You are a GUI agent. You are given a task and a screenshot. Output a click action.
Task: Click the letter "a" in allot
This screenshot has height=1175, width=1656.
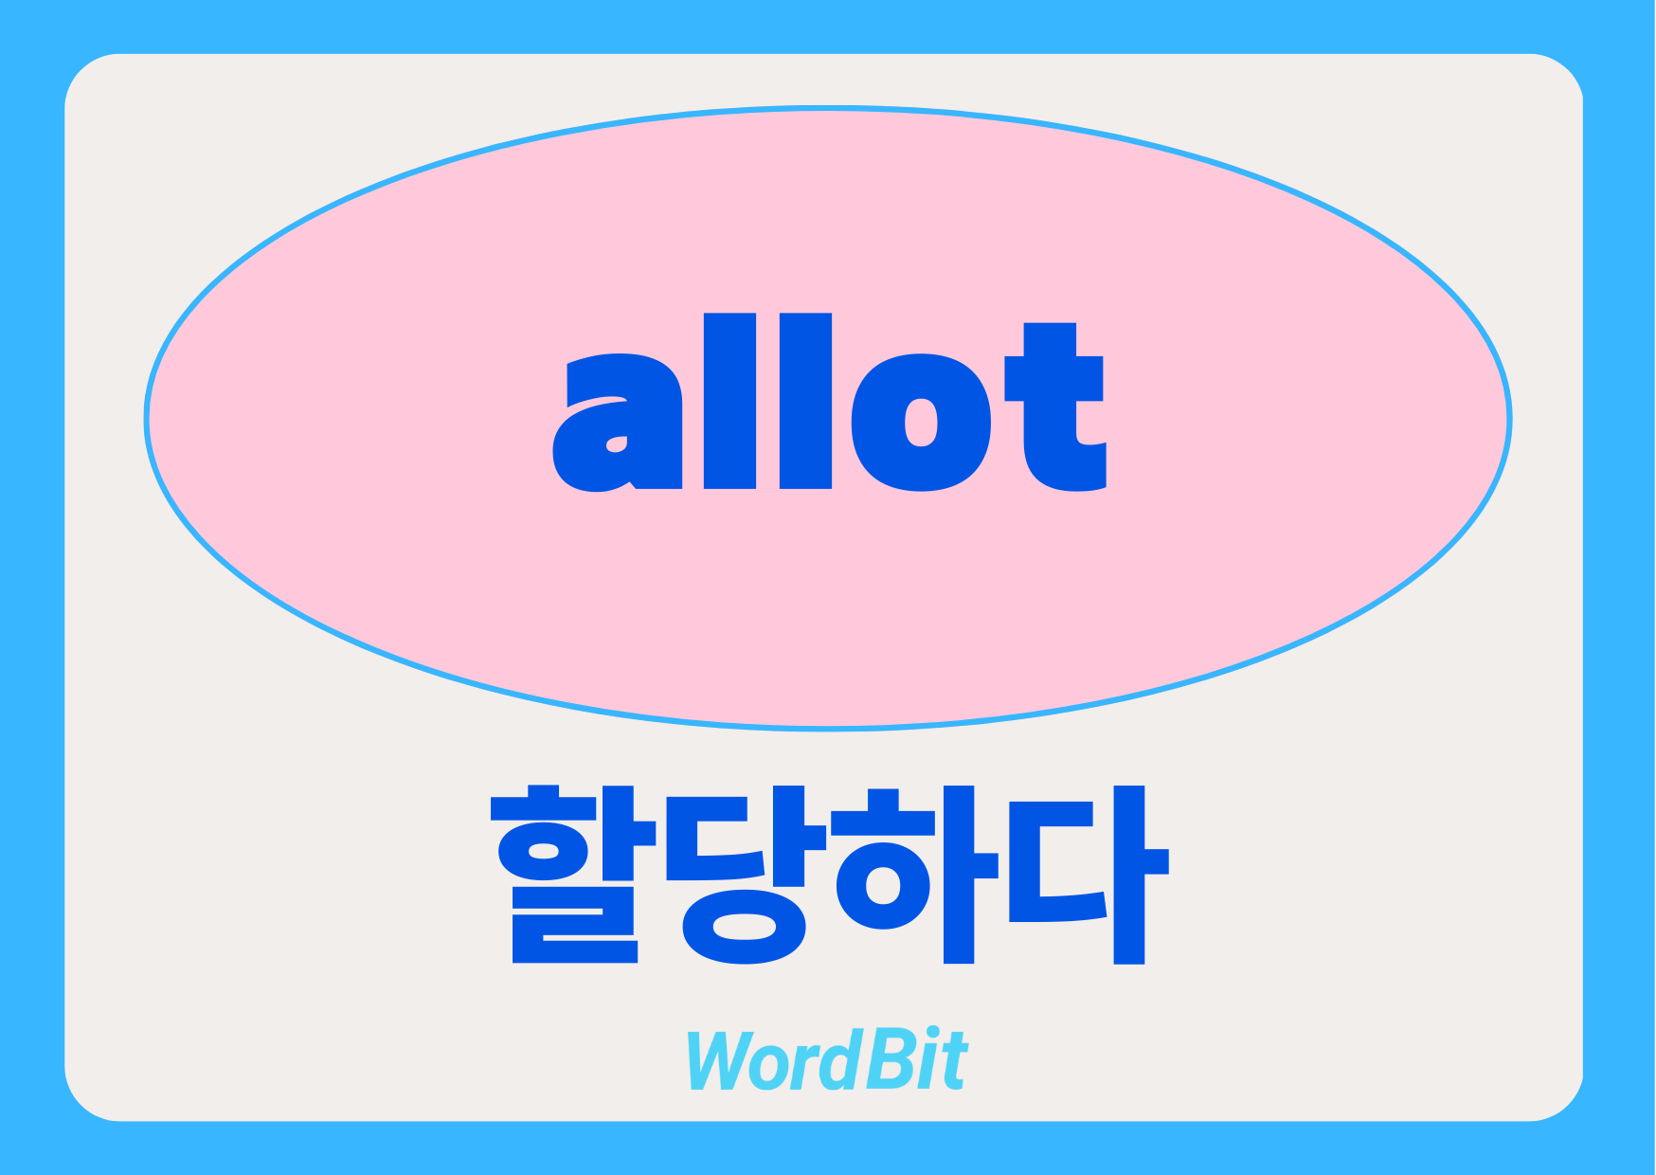point(618,423)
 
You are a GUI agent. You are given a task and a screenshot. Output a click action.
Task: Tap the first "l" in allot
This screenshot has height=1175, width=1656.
point(729,401)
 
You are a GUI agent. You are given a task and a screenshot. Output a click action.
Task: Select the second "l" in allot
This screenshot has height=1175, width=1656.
point(805,401)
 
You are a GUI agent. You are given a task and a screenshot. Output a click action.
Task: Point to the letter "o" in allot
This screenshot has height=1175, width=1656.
point(921,423)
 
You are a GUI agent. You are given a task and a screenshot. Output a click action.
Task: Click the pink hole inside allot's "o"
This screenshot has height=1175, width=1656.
point(921,423)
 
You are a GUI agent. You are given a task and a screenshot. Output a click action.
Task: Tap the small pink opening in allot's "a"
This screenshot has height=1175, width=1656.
point(617,443)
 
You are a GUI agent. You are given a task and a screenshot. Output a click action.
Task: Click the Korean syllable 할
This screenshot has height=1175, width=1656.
point(574,874)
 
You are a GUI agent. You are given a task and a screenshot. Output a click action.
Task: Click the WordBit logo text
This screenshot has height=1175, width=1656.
point(827,1059)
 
